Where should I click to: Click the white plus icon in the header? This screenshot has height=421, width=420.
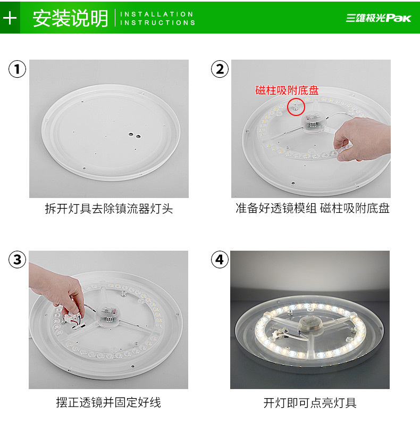pos(10,18)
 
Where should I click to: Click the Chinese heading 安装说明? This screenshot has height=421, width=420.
pos(70,18)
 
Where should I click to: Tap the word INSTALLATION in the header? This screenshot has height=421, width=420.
pos(157,14)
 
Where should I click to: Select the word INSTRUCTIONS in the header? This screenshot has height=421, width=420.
pos(158,22)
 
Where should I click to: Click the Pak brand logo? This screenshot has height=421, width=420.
pos(378,18)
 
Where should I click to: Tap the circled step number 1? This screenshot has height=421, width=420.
pos(17,69)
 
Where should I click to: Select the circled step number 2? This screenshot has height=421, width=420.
pos(220,69)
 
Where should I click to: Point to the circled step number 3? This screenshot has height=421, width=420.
pos(17,260)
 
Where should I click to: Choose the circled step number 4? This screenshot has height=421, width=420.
pos(220,260)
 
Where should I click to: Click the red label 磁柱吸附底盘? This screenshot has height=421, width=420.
pos(287,90)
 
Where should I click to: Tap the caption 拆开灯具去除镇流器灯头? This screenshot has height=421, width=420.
pos(109,209)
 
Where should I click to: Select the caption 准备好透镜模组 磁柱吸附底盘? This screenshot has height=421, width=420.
pos(313,208)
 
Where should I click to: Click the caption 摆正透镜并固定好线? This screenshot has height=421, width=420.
pos(108,402)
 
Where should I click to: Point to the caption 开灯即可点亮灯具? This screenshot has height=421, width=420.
pos(310,403)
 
